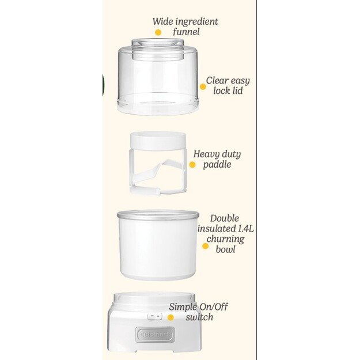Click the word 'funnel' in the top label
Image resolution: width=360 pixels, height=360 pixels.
[186, 32]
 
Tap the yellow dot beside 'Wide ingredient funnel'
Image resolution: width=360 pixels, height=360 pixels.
[158, 32]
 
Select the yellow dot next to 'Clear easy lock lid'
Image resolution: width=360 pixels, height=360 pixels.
[203, 87]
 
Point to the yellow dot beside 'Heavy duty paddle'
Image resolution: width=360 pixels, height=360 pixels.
[192, 165]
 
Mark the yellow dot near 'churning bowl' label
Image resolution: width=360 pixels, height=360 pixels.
[205, 246]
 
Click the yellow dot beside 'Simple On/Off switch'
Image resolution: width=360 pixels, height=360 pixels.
[170, 317]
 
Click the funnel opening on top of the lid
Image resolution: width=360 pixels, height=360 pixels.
[158, 43]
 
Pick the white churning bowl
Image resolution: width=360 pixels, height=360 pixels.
[158, 248]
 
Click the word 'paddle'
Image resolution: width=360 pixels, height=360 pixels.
[217, 165]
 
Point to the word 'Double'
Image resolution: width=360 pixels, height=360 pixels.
[225, 219]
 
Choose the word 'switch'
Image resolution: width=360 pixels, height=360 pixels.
[199, 317]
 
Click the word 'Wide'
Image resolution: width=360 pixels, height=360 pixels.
[163, 22]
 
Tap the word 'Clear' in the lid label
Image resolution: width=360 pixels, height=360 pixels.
[218, 81]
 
